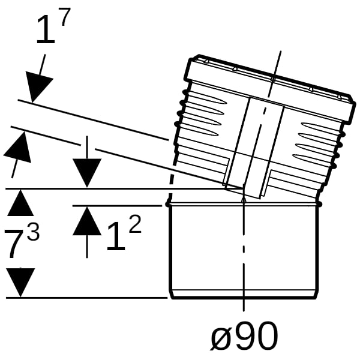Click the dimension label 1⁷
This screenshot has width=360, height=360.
53,26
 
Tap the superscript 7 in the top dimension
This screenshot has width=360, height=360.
64,17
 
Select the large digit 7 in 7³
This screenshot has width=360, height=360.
16,244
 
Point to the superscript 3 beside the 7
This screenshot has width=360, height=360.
33,232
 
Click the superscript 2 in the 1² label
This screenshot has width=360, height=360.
134,225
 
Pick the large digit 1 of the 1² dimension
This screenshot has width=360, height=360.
116,236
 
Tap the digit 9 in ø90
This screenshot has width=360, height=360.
245,335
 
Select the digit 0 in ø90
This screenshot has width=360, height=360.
267,335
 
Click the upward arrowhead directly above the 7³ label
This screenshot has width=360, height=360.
20,203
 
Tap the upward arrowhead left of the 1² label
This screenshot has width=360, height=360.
87,221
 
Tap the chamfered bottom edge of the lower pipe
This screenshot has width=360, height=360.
244,295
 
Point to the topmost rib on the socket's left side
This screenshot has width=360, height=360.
205,97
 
